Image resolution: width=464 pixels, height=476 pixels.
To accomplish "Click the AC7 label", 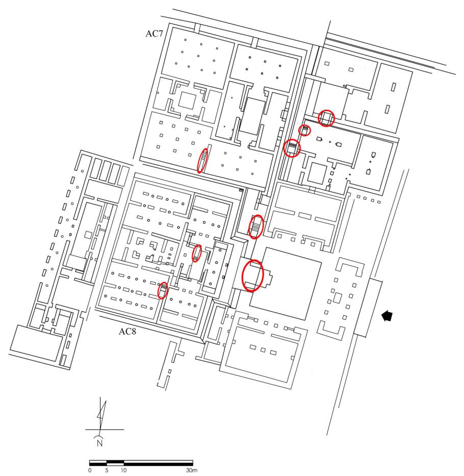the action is pos(154,34).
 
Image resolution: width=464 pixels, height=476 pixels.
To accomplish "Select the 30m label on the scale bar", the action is pos(191,470).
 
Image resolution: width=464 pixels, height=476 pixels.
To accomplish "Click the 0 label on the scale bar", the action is pos(90,470).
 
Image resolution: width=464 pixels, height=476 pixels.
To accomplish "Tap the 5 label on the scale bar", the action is pos(107,470).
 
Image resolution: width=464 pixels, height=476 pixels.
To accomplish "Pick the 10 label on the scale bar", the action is pos(124,470).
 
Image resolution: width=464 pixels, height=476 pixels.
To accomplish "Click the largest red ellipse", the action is pos(252,275).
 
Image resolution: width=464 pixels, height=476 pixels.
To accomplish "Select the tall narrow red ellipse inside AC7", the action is pos(203,160).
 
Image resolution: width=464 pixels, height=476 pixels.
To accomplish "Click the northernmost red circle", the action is pos(326,118).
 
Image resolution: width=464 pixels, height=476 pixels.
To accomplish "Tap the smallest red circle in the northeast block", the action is pos(304,131).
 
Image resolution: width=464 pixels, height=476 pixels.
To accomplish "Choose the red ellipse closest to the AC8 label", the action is pos(163,290).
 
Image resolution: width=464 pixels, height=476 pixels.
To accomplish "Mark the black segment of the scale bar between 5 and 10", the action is pos(115,463).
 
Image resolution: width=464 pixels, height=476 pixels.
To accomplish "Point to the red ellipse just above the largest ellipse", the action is pos(256,227).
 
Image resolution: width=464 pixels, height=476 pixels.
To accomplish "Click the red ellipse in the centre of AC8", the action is pos(197,254).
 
